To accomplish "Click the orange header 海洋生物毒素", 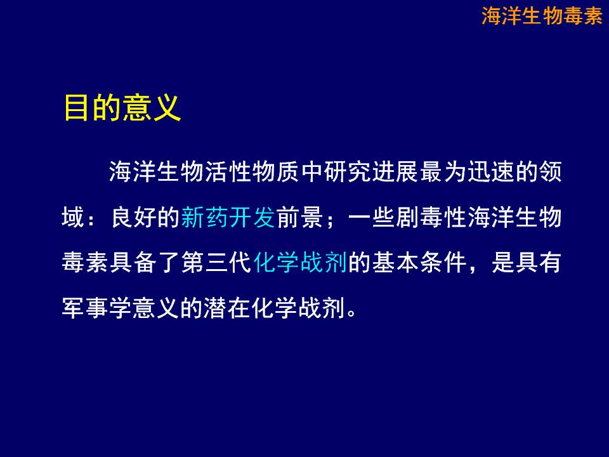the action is point(542,16).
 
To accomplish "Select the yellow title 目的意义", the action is point(122,108).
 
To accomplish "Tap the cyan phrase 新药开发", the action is point(228,217).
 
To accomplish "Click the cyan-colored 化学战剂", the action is point(300,262).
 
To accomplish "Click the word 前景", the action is point(299,217).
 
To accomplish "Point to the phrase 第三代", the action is point(216,262).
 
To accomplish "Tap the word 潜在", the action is point(227,308).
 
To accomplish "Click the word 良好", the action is point(134,217).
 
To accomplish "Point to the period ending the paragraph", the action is point(351,313).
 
